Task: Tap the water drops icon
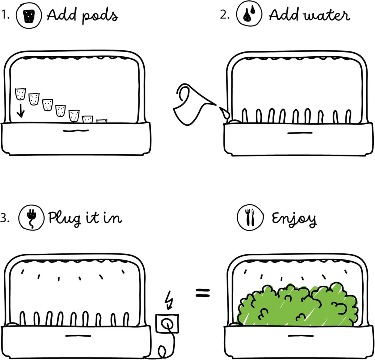[x=248, y=15]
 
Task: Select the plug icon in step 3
[x=30, y=218]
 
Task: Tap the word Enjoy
[x=294, y=219]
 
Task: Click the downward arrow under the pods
[x=21, y=111]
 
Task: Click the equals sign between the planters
[x=203, y=293]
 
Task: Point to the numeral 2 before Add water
[x=224, y=16]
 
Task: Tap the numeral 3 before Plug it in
[x=4, y=219]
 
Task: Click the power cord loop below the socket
[x=162, y=352]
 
